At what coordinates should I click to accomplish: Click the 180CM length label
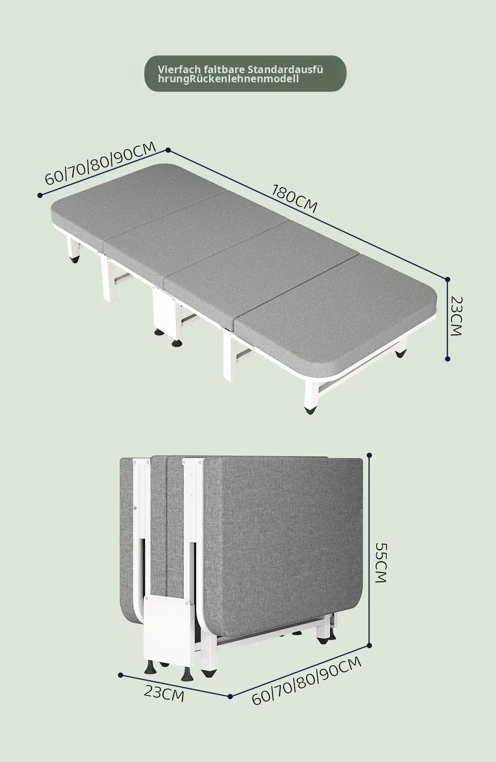295,198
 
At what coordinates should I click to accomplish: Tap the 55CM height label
380,563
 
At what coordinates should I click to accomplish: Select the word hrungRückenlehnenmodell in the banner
228,79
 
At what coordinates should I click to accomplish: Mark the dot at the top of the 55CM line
370,455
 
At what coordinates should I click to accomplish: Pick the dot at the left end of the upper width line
40,195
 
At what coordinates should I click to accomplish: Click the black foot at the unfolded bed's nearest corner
310,410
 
